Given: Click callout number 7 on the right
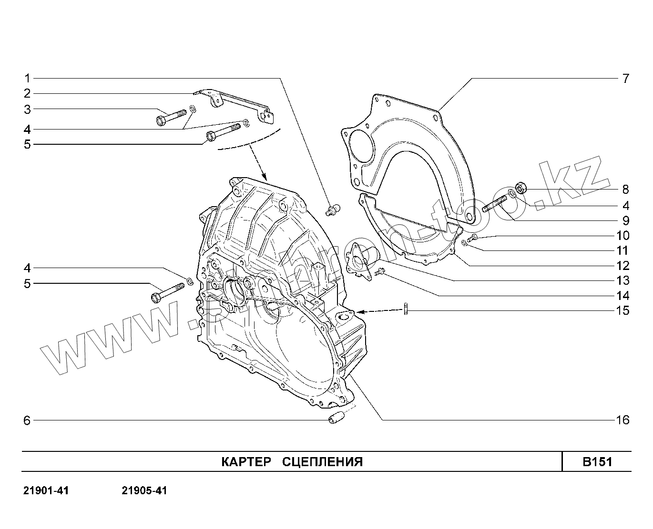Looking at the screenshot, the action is tap(625, 79).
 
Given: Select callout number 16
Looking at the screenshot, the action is tap(622, 420).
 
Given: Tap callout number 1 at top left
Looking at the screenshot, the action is tap(28, 78).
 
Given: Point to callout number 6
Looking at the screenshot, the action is tap(27, 420).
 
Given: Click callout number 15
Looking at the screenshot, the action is tap(622, 310).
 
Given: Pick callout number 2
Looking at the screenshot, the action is tap(27, 93).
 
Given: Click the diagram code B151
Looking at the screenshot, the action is tap(597, 462).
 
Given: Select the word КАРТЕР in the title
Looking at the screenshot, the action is tap(246, 462).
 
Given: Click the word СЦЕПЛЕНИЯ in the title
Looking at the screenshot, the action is tap(323, 462).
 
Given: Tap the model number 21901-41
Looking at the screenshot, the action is tap(46, 491).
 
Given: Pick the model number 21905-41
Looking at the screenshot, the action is tap(144, 491).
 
